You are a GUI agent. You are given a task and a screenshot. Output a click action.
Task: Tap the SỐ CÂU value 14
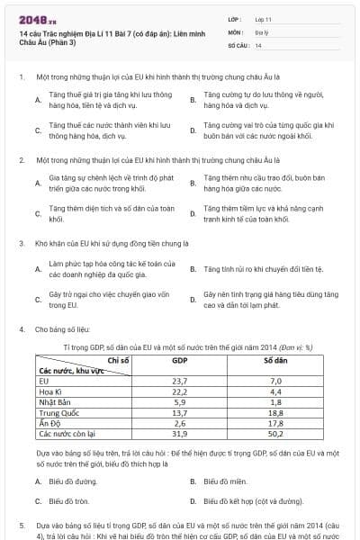click(257, 43)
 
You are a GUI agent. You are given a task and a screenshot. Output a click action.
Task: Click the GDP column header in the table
click(179, 361)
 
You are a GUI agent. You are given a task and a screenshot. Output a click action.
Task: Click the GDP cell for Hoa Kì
click(179, 391)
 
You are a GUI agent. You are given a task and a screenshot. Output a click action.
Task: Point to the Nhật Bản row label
click(57, 402)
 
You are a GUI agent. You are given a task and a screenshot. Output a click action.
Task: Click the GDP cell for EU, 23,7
click(179, 382)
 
